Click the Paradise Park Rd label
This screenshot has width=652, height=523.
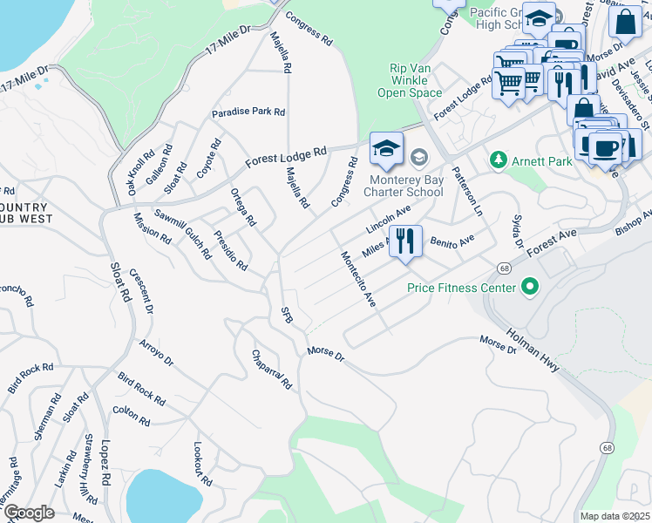[x=248, y=112]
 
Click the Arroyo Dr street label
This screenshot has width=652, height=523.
[x=156, y=353]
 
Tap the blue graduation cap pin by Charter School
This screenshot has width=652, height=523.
[x=386, y=148]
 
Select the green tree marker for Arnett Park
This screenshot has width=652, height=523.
[x=498, y=160]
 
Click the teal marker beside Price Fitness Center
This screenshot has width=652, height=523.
[x=529, y=287]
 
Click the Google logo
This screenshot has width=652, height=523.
[x=29, y=513]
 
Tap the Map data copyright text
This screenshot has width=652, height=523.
[x=615, y=516]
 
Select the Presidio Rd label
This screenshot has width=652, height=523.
[x=229, y=251]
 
